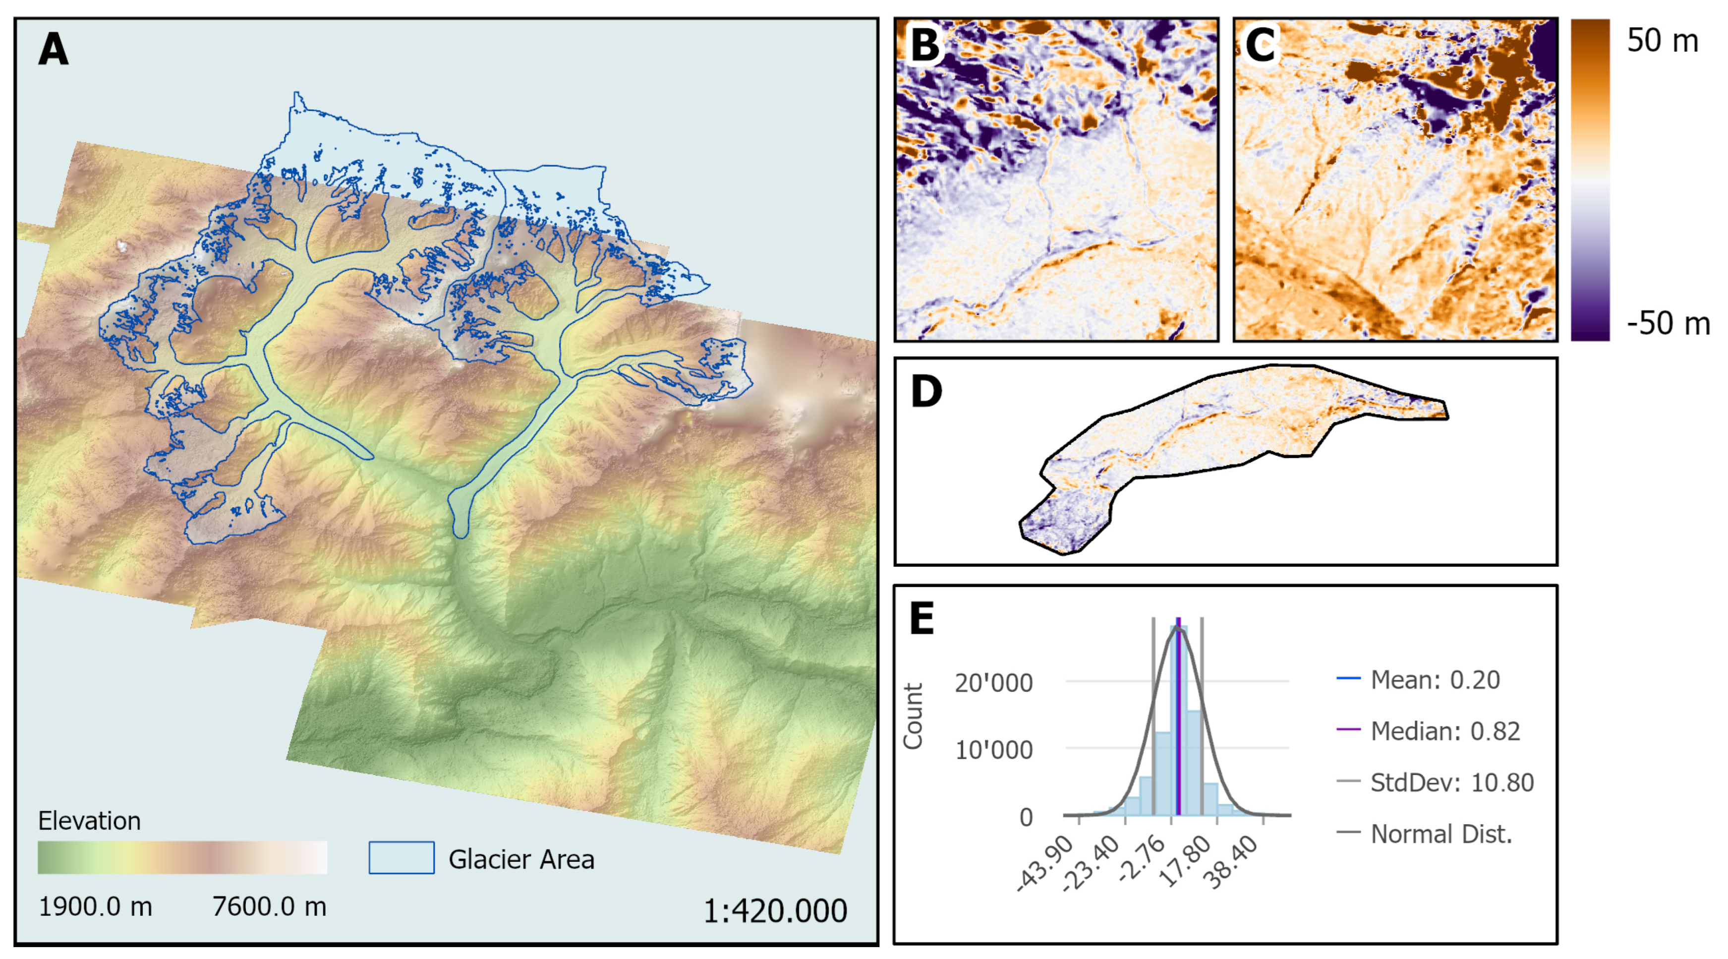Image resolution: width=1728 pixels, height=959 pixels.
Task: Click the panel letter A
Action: tap(54, 50)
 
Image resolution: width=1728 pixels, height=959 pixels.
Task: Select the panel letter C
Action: tap(1260, 46)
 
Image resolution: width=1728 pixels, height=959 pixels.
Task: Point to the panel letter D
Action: tap(926, 391)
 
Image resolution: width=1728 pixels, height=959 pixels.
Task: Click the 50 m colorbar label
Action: tap(1662, 41)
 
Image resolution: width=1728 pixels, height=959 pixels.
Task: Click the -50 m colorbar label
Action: tap(1668, 324)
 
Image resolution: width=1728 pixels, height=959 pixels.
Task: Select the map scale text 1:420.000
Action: tap(775, 911)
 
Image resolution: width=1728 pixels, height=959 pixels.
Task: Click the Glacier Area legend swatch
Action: tap(401, 858)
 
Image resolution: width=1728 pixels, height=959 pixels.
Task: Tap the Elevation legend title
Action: tap(89, 821)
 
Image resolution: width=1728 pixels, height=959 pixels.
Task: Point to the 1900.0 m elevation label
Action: tap(95, 906)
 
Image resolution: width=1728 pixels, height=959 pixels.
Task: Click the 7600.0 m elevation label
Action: tap(269, 906)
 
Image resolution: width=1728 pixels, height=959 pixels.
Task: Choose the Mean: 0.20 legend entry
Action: tap(1434, 680)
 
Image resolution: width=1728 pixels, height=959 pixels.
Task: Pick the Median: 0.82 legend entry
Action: tap(1444, 731)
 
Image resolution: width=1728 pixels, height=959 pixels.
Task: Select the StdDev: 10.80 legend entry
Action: tap(1451, 782)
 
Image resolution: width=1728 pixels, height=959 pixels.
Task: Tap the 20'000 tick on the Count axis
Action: tap(993, 683)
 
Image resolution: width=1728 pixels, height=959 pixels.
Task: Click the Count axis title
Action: tap(913, 716)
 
